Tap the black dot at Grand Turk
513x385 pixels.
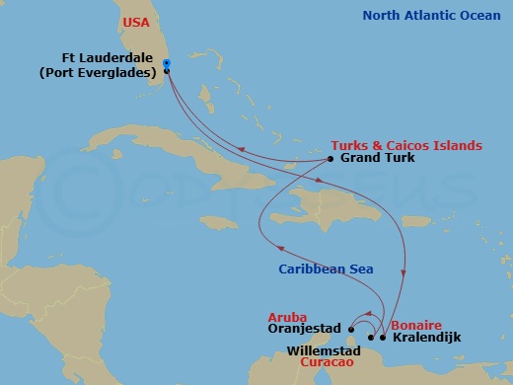330,158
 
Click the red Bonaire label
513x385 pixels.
415,324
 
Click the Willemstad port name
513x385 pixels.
318,349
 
